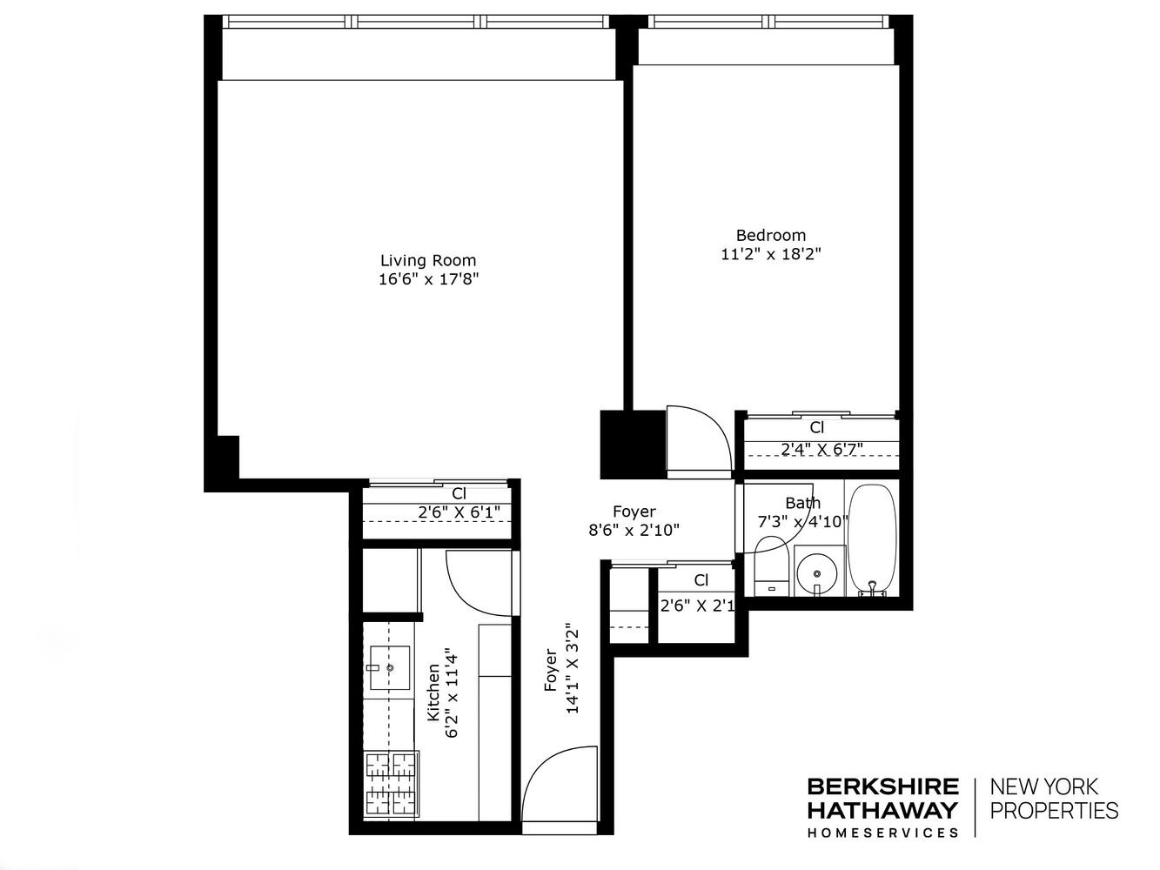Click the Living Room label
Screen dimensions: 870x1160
click(428, 260)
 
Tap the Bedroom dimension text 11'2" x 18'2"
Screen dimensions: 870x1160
click(770, 254)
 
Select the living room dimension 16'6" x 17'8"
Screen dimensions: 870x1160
click(428, 279)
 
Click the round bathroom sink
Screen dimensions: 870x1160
click(818, 572)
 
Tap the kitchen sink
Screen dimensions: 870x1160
click(389, 668)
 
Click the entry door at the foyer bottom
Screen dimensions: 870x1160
click(559, 783)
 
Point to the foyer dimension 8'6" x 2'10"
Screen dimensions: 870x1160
click(634, 529)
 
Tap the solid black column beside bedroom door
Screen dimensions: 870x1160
click(633, 444)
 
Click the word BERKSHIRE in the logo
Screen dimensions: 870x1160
click(882, 787)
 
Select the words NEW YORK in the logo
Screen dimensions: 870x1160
click(1045, 787)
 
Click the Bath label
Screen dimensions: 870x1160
click(801, 503)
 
